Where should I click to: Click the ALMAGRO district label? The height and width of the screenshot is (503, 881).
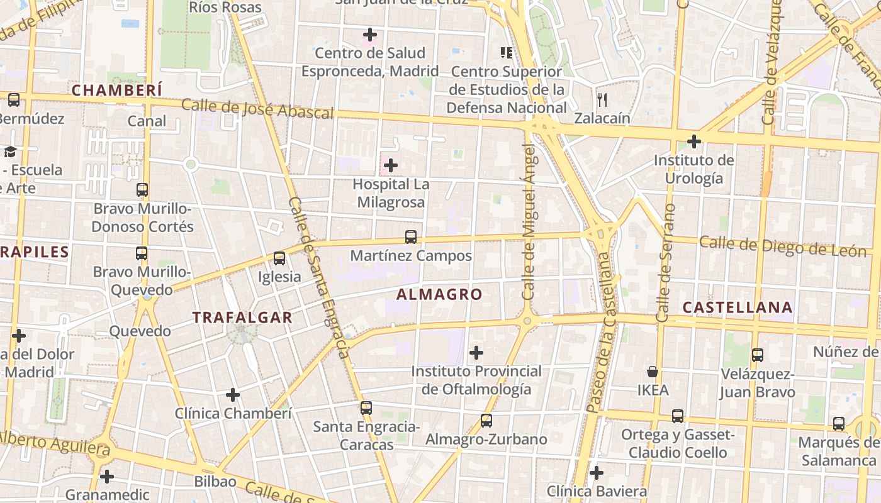pyautogui.click(x=439, y=294)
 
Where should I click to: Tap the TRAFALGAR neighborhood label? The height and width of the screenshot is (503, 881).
pyautogui.click(x=242, y=318)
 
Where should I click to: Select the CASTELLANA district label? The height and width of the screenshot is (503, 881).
pyautogui.click(x=737, y=307)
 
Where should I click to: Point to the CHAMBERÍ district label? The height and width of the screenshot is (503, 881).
pyautogui.click(x=117, y=90)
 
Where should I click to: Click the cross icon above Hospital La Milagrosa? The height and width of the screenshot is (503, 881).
pyautogui.click(x=391, y=165)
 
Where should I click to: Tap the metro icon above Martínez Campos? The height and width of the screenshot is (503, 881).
pyautogui.click(x=411, y=237)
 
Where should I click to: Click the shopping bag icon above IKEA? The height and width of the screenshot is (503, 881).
pyautogui.click(x=653, y=372)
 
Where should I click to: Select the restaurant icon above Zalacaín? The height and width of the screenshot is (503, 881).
pyautogui.click(x=602, y=99)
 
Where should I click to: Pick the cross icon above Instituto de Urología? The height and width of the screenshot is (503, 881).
pyautogui.click(x=694, y=141)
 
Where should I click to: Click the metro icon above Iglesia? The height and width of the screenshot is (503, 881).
pyautogui.click(x=279, y=258)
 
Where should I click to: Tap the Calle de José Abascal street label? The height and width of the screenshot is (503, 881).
pyautogui.click(x=257, y=109)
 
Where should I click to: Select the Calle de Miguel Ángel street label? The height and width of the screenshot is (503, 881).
pyautogui.click(x=529, y=221)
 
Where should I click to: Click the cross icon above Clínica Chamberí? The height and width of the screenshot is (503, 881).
pyautogui.click(x=233, y=395)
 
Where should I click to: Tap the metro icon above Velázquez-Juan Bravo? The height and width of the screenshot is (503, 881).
pyautogui.click(x=758, y=355)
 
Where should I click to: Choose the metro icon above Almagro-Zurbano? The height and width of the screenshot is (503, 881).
pyautogui.click(x=486, y=421)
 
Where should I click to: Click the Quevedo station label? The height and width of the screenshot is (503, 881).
pyautogui.click(x=140, y=331)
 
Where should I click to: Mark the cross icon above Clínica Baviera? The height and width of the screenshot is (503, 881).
pyautogui.click(x=597, y=472)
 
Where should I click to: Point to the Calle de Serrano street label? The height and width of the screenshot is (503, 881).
pyautogui.click(x=666, y=263)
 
